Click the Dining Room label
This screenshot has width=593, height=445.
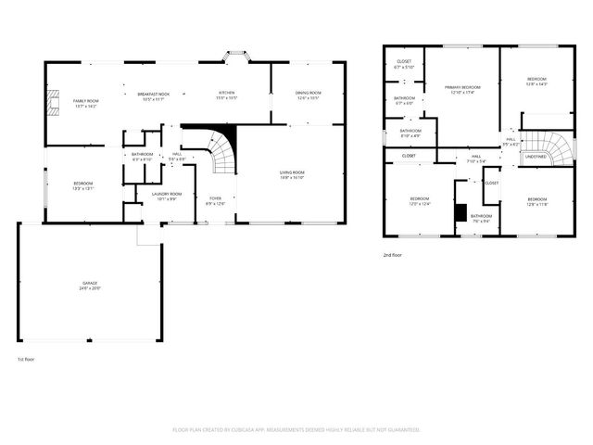(309, 95)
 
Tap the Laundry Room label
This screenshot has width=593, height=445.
(169, 196)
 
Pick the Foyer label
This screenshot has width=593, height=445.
(215, 201)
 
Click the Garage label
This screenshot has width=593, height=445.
(89, 286)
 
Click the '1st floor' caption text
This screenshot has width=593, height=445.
(26, 359)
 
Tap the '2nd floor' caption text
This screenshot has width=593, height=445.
(392, 254)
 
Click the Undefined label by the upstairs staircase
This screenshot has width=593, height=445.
(536, 158)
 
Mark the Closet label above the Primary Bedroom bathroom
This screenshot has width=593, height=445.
(404, 64)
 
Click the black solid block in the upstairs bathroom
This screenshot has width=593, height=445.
(461, 211)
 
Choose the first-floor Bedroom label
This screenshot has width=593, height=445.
(83, 185)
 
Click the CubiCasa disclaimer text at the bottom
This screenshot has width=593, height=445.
(296, 430)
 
